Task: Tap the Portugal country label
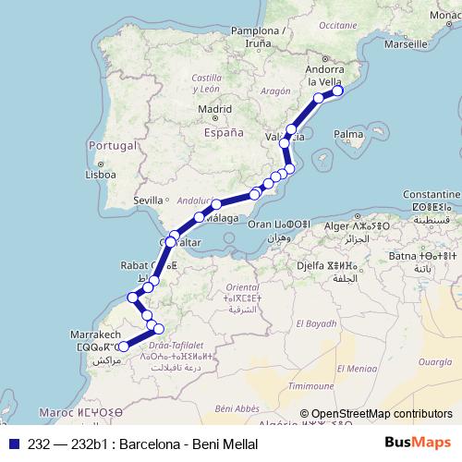(112, 145)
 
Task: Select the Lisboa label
(99, 174)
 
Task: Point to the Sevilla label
(148, 200)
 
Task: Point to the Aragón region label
(275, 92)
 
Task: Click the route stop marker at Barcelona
(338, 91)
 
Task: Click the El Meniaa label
(356, 370)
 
